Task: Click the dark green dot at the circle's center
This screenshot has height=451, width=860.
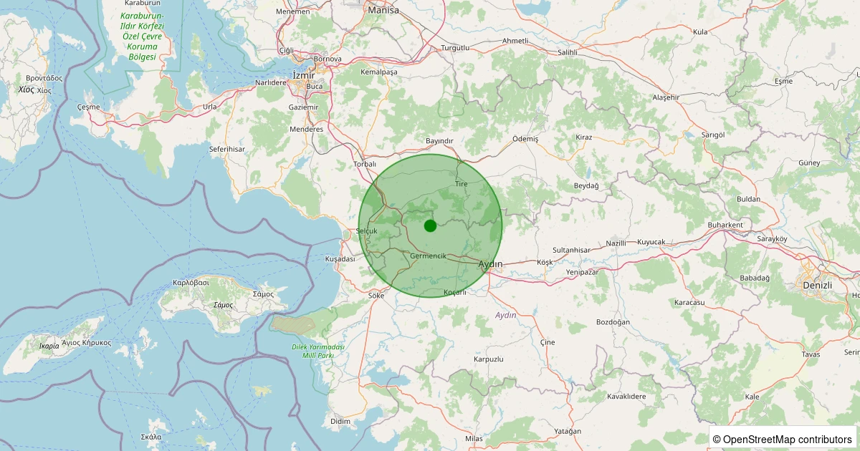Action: point(430,225)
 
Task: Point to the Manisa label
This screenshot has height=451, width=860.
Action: point(383,11)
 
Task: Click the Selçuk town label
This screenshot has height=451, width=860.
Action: point(366,231)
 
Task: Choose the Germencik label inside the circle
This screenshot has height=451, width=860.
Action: point(429,256)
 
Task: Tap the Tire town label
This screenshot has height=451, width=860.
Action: point(461,184)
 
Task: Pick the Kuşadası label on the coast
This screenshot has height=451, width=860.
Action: point(340,258)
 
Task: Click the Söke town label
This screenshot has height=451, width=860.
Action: point(376,295)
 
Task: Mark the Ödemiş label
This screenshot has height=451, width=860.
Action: point(525,138)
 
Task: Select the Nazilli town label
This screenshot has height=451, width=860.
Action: point(616,243)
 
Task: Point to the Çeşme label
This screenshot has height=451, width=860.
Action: point(88,106)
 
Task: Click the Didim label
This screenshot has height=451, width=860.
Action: point(340,422)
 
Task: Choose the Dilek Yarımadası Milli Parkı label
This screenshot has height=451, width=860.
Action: point(318,351)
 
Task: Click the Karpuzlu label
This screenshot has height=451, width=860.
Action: point(489,359)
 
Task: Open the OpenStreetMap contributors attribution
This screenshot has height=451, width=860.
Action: point(782,439)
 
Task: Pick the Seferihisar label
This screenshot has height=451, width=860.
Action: point(227,149)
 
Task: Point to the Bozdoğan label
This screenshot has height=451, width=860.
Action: point(613,322)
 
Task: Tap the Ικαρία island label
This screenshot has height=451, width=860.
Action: point(49,346)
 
